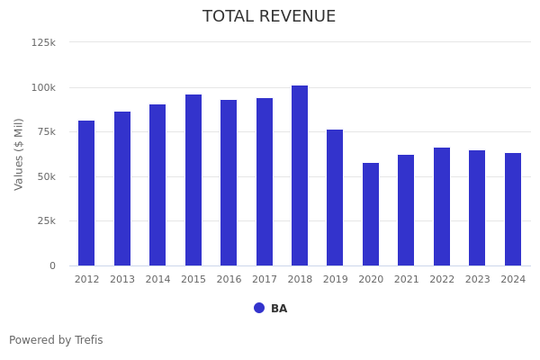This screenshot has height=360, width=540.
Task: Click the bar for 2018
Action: [300, 175]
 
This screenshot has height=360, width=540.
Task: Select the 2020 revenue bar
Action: [371, 214]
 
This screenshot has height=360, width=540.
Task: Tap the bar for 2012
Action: [86, 193]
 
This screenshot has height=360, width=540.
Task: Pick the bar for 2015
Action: [193, 180]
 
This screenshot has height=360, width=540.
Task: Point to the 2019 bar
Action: [335, 197]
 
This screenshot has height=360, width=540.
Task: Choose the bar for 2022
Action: [442, 206]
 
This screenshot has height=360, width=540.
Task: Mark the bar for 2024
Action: [513, 209]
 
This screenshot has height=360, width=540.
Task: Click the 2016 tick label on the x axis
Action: [229, 280]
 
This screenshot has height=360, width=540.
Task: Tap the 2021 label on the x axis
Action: [406, 280]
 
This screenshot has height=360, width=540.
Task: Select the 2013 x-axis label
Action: [122, 280]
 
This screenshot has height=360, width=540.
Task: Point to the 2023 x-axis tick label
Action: [477, 280]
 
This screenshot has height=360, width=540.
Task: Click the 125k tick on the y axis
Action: [43, 42]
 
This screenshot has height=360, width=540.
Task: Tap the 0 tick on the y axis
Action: [52, 265]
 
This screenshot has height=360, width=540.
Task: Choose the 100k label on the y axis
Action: [43, 87]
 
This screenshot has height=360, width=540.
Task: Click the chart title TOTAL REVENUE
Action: [269, 17]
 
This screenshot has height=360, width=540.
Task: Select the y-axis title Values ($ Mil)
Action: [19, 154]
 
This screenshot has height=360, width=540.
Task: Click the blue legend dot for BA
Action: [259, 308]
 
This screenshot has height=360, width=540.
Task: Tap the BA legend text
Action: [279, 309]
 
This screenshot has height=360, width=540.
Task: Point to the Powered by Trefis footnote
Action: [56, 340]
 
